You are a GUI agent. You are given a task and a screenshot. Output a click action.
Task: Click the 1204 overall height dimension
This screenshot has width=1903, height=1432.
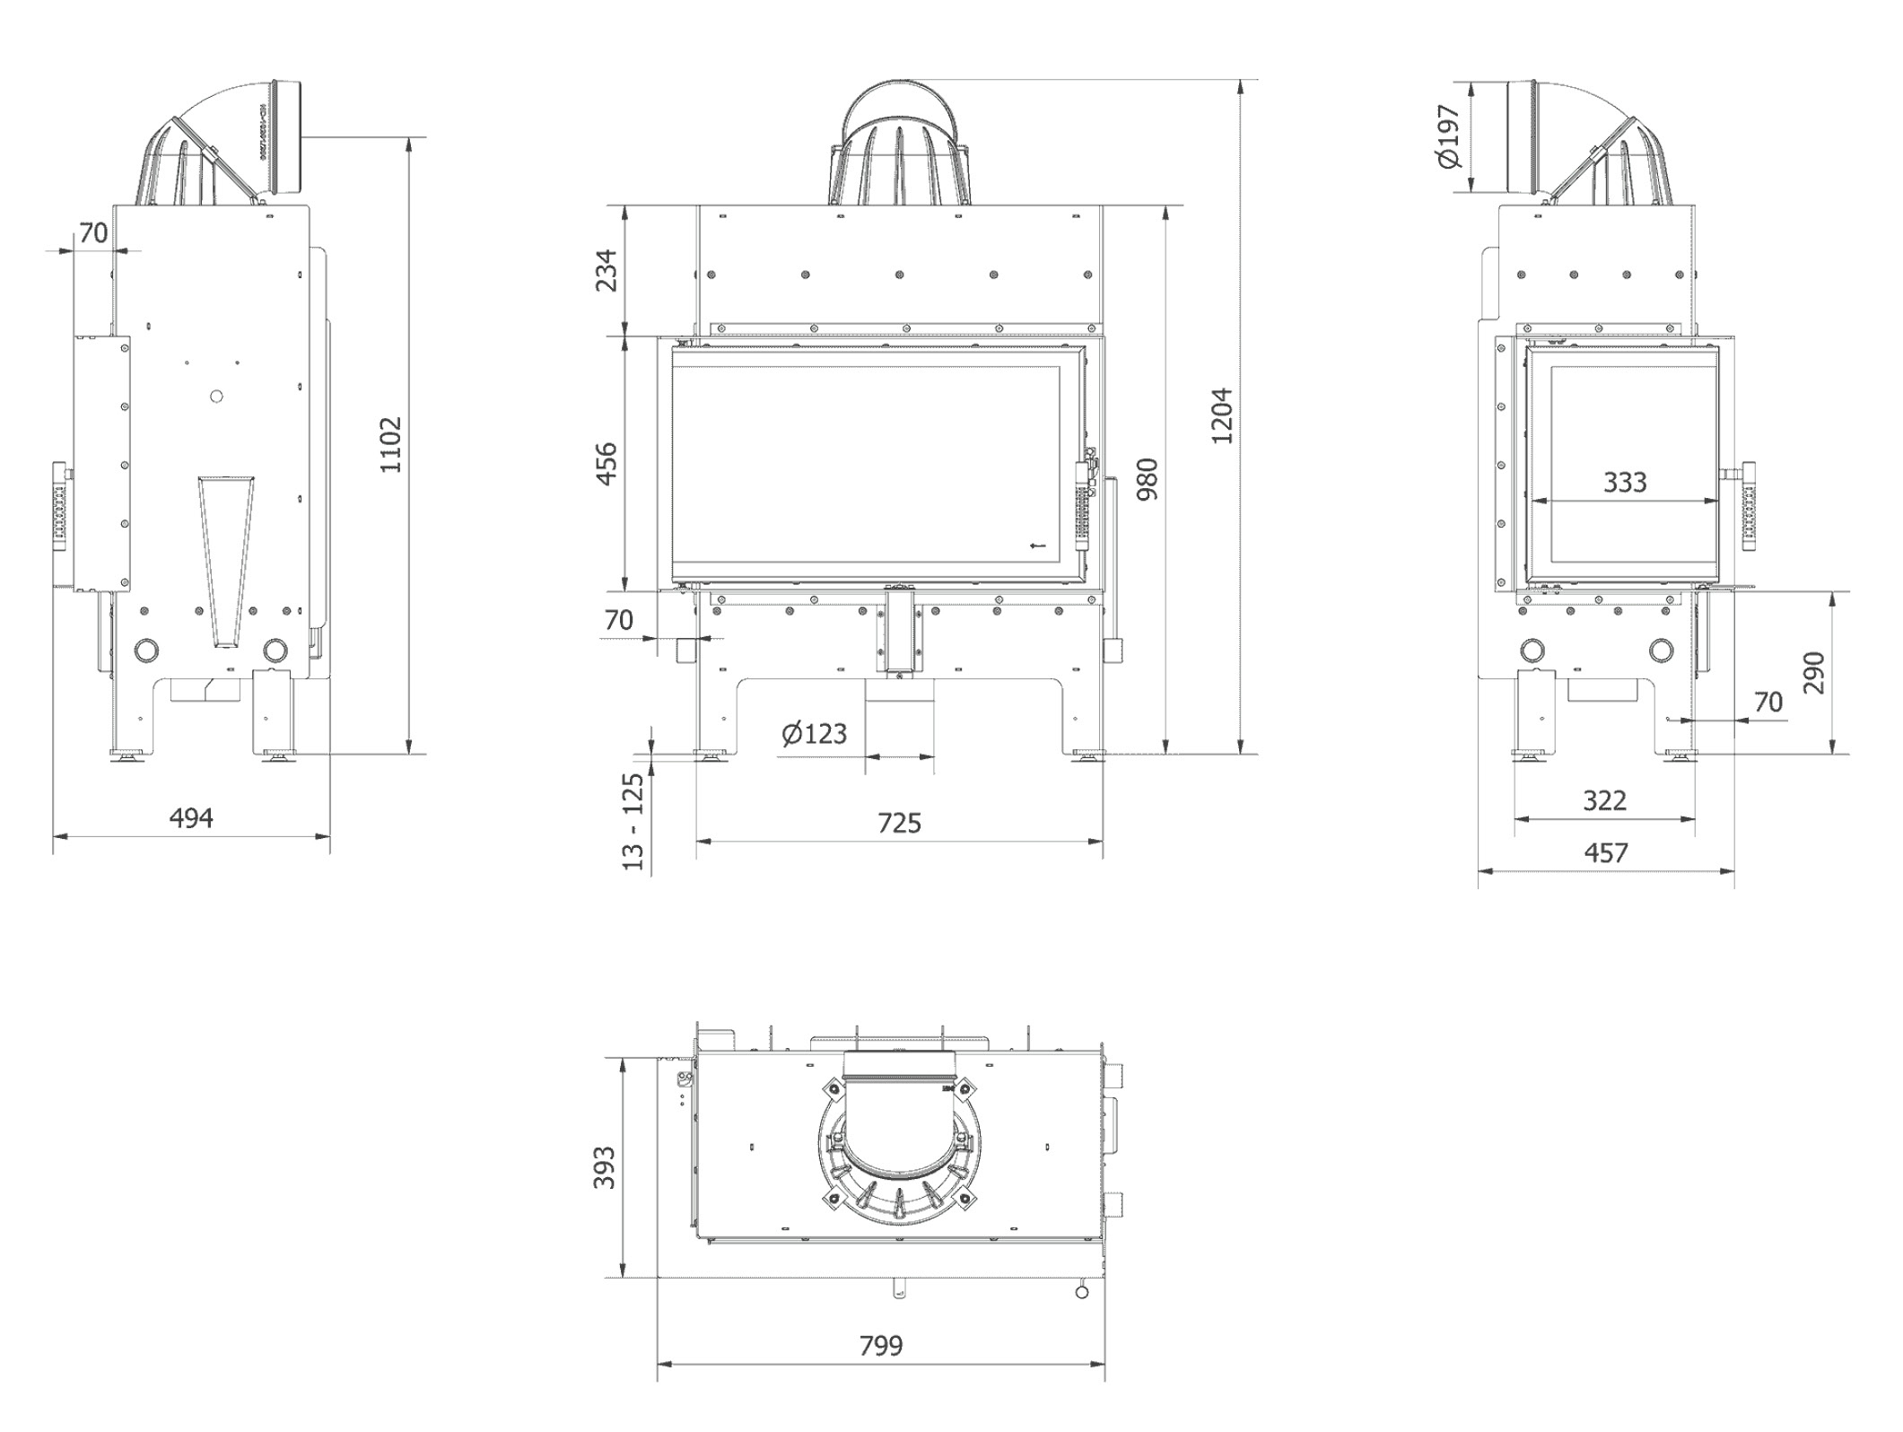tap(1222, 415)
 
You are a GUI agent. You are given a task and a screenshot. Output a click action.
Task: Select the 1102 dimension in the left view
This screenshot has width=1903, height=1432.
tap(391, 444)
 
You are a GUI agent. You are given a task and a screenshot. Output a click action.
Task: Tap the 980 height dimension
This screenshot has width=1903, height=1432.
tap(1147, 479)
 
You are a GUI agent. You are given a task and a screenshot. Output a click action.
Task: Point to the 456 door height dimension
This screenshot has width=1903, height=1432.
tap(607, 464)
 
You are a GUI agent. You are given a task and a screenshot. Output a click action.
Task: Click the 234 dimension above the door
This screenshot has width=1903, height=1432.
tap(607, 270)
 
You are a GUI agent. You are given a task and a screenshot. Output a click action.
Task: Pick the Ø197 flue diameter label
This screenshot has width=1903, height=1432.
tap(1448, 137)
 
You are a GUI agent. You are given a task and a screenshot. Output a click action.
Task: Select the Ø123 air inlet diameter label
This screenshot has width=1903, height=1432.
tap(814, 734)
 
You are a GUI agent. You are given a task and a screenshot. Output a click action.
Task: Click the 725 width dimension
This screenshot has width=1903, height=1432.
tap(899, 823)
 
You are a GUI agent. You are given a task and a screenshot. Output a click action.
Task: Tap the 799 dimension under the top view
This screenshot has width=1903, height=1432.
tap(881, 1346)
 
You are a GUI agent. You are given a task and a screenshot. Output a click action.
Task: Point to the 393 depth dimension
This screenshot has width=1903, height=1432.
tap(606, 1167)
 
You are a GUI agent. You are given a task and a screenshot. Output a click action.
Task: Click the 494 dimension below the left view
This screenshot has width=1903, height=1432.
tap(191, 817)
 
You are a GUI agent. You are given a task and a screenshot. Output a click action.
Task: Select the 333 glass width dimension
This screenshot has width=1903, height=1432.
tap(1625, 483)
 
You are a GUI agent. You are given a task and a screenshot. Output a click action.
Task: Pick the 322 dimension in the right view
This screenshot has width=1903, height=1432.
tap(1604, 799)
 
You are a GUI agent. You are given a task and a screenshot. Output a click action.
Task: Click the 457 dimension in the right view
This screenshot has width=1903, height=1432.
tap(1606, 852)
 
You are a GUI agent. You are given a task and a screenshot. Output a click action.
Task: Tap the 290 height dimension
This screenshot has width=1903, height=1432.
tap(1813, 673)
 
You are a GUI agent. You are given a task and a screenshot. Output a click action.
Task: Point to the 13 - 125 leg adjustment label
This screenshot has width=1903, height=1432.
tap(633, 821)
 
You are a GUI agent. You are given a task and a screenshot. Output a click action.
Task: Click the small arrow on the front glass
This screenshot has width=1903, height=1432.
tap(1039, 545)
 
